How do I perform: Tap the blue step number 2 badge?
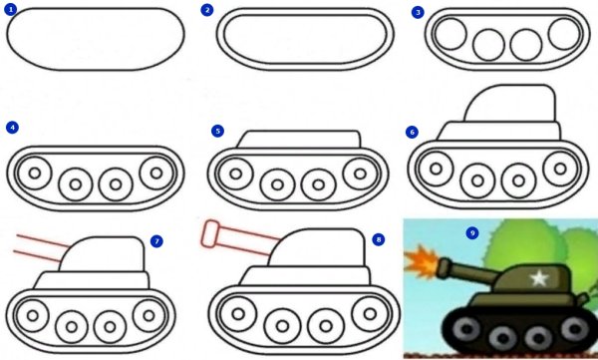coord(207,10)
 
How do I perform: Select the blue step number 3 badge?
coord(419,11)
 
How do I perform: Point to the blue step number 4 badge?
coord(12,128)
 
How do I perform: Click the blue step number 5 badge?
coord(218,131)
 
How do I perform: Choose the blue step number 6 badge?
coord(413,132)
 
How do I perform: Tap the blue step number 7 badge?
coord(155,241)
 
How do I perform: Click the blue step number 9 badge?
coord(472,232)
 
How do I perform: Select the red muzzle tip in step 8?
coord(211,235)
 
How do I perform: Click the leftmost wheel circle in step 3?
coord(451,36)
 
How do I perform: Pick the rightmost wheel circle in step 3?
coord(563,34)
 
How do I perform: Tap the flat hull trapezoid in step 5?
coord(298,140)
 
